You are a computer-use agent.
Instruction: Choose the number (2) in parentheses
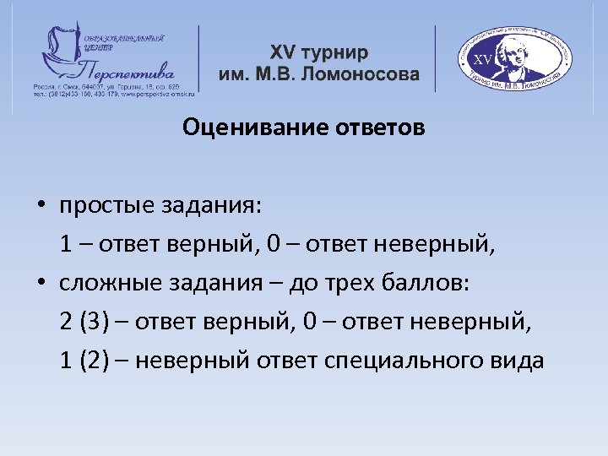(x=95, y=361)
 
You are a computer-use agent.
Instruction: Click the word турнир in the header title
(x=336, y=52)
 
